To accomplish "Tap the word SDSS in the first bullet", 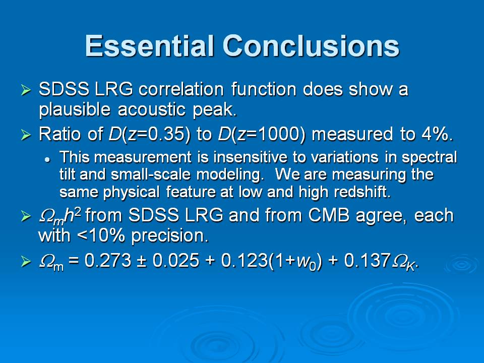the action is click(x=64, y=90).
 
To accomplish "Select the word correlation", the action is click(x=181, y=90).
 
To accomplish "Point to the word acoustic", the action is click(x=152, y=109).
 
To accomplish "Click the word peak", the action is click(x=215, y=110).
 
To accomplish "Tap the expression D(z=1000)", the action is click(x=262, y=135).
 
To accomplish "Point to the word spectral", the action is click(x=429, y=158).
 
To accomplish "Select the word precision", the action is click(x=170, y=236).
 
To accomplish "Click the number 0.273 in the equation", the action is click(x=108, y=260).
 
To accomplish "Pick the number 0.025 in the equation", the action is click(x=176, y=260).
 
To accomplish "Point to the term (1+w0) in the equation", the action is click(x=295, y=261).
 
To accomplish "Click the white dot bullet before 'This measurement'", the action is click(x=47, y=160).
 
